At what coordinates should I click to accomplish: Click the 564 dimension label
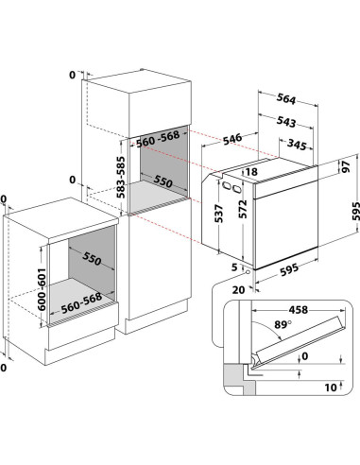click(x=286, y=98)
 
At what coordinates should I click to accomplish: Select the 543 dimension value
click(x=286, y=122)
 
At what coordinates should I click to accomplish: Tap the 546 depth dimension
click(x=232, y=139)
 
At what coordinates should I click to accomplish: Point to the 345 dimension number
click(x=297, y=145)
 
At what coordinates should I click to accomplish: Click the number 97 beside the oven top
click(x=346, y=166)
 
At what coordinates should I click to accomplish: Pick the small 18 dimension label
click(x=251, y=172)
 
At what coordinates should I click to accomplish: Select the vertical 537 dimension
click(x=219, y=214)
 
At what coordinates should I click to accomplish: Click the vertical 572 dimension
click(x=243, y=209)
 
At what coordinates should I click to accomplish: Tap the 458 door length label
click(x=299, y=310)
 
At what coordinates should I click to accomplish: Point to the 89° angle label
click(x=283, y=324)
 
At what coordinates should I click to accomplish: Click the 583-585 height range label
click(x=121, y=178)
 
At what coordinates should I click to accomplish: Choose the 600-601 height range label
click(x=42, y=289)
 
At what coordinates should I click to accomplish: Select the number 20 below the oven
click(x=238, y=289)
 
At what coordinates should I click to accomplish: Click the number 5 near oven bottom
click(x=234, y=267)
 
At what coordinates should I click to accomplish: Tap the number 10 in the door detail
click(x=331, y=387)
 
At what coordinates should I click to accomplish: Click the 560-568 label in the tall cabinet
click(x=158, y=139)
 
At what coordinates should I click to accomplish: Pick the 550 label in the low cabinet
click(x=92, y=258)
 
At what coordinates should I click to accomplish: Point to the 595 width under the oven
click(x=289, y=270)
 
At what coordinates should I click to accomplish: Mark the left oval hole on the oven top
click(x=225, y=185)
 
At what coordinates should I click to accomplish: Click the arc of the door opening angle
click(x=271, y=328)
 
